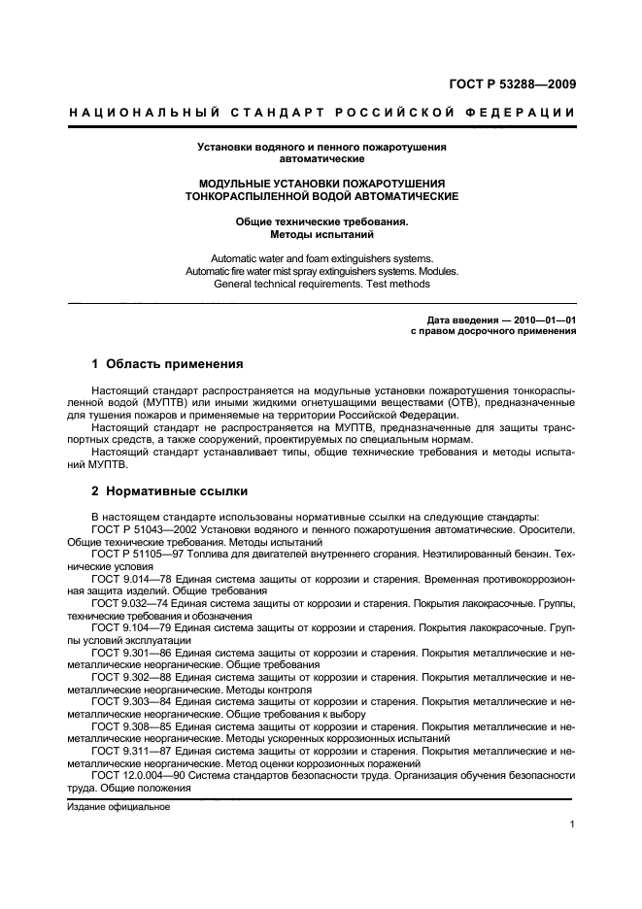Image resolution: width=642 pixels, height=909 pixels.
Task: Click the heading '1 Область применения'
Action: tap(166, 364)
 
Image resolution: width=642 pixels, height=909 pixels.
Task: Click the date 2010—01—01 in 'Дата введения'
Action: tap(542, 320)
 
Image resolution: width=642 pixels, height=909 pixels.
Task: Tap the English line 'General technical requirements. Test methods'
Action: tap(321, 285)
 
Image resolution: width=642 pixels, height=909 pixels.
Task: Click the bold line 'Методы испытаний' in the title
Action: tap(321, 235)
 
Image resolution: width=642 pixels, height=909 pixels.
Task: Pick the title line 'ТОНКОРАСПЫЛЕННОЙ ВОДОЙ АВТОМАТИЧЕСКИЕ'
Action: tap(321, 196)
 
